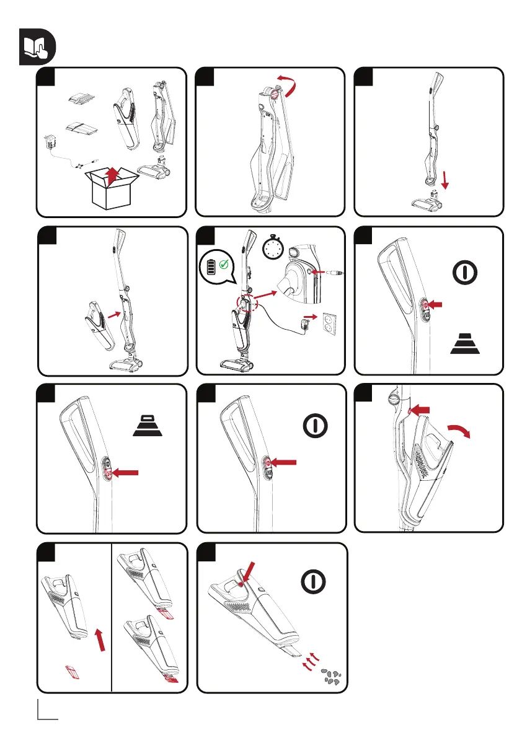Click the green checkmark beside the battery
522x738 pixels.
pos(224,265)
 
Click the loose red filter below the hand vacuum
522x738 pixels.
pos(73,670)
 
